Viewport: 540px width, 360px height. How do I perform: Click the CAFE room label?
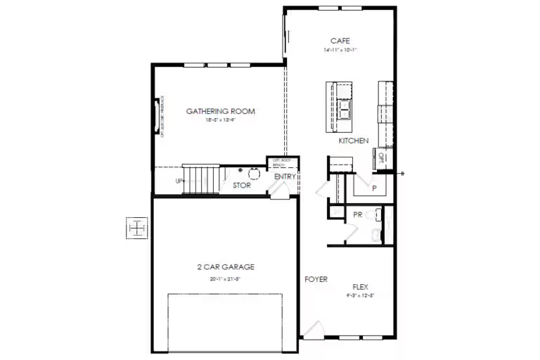coord(340,41)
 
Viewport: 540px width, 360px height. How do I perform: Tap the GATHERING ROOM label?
coord(220,111)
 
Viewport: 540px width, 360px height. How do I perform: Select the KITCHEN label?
coord(353,141)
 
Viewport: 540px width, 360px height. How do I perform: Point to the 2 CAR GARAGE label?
coord(225,267)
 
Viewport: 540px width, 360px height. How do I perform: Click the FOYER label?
coord(316,279)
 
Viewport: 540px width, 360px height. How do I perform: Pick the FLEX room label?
coord(360,287)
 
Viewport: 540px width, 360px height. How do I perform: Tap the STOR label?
coord(241,186)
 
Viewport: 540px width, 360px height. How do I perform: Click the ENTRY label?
coord(285,176)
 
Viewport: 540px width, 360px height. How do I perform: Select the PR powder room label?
coord(357,214)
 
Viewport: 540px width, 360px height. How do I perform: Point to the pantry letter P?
coord(374,188)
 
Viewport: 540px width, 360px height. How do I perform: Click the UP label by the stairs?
coord(179,181)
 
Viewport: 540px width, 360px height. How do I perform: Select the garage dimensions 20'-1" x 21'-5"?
coord(225,279)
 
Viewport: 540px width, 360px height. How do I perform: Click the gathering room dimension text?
coord(220,120)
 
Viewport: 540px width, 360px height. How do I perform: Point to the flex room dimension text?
coord(360,296)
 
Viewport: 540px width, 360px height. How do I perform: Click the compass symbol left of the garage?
coord(137,228)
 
